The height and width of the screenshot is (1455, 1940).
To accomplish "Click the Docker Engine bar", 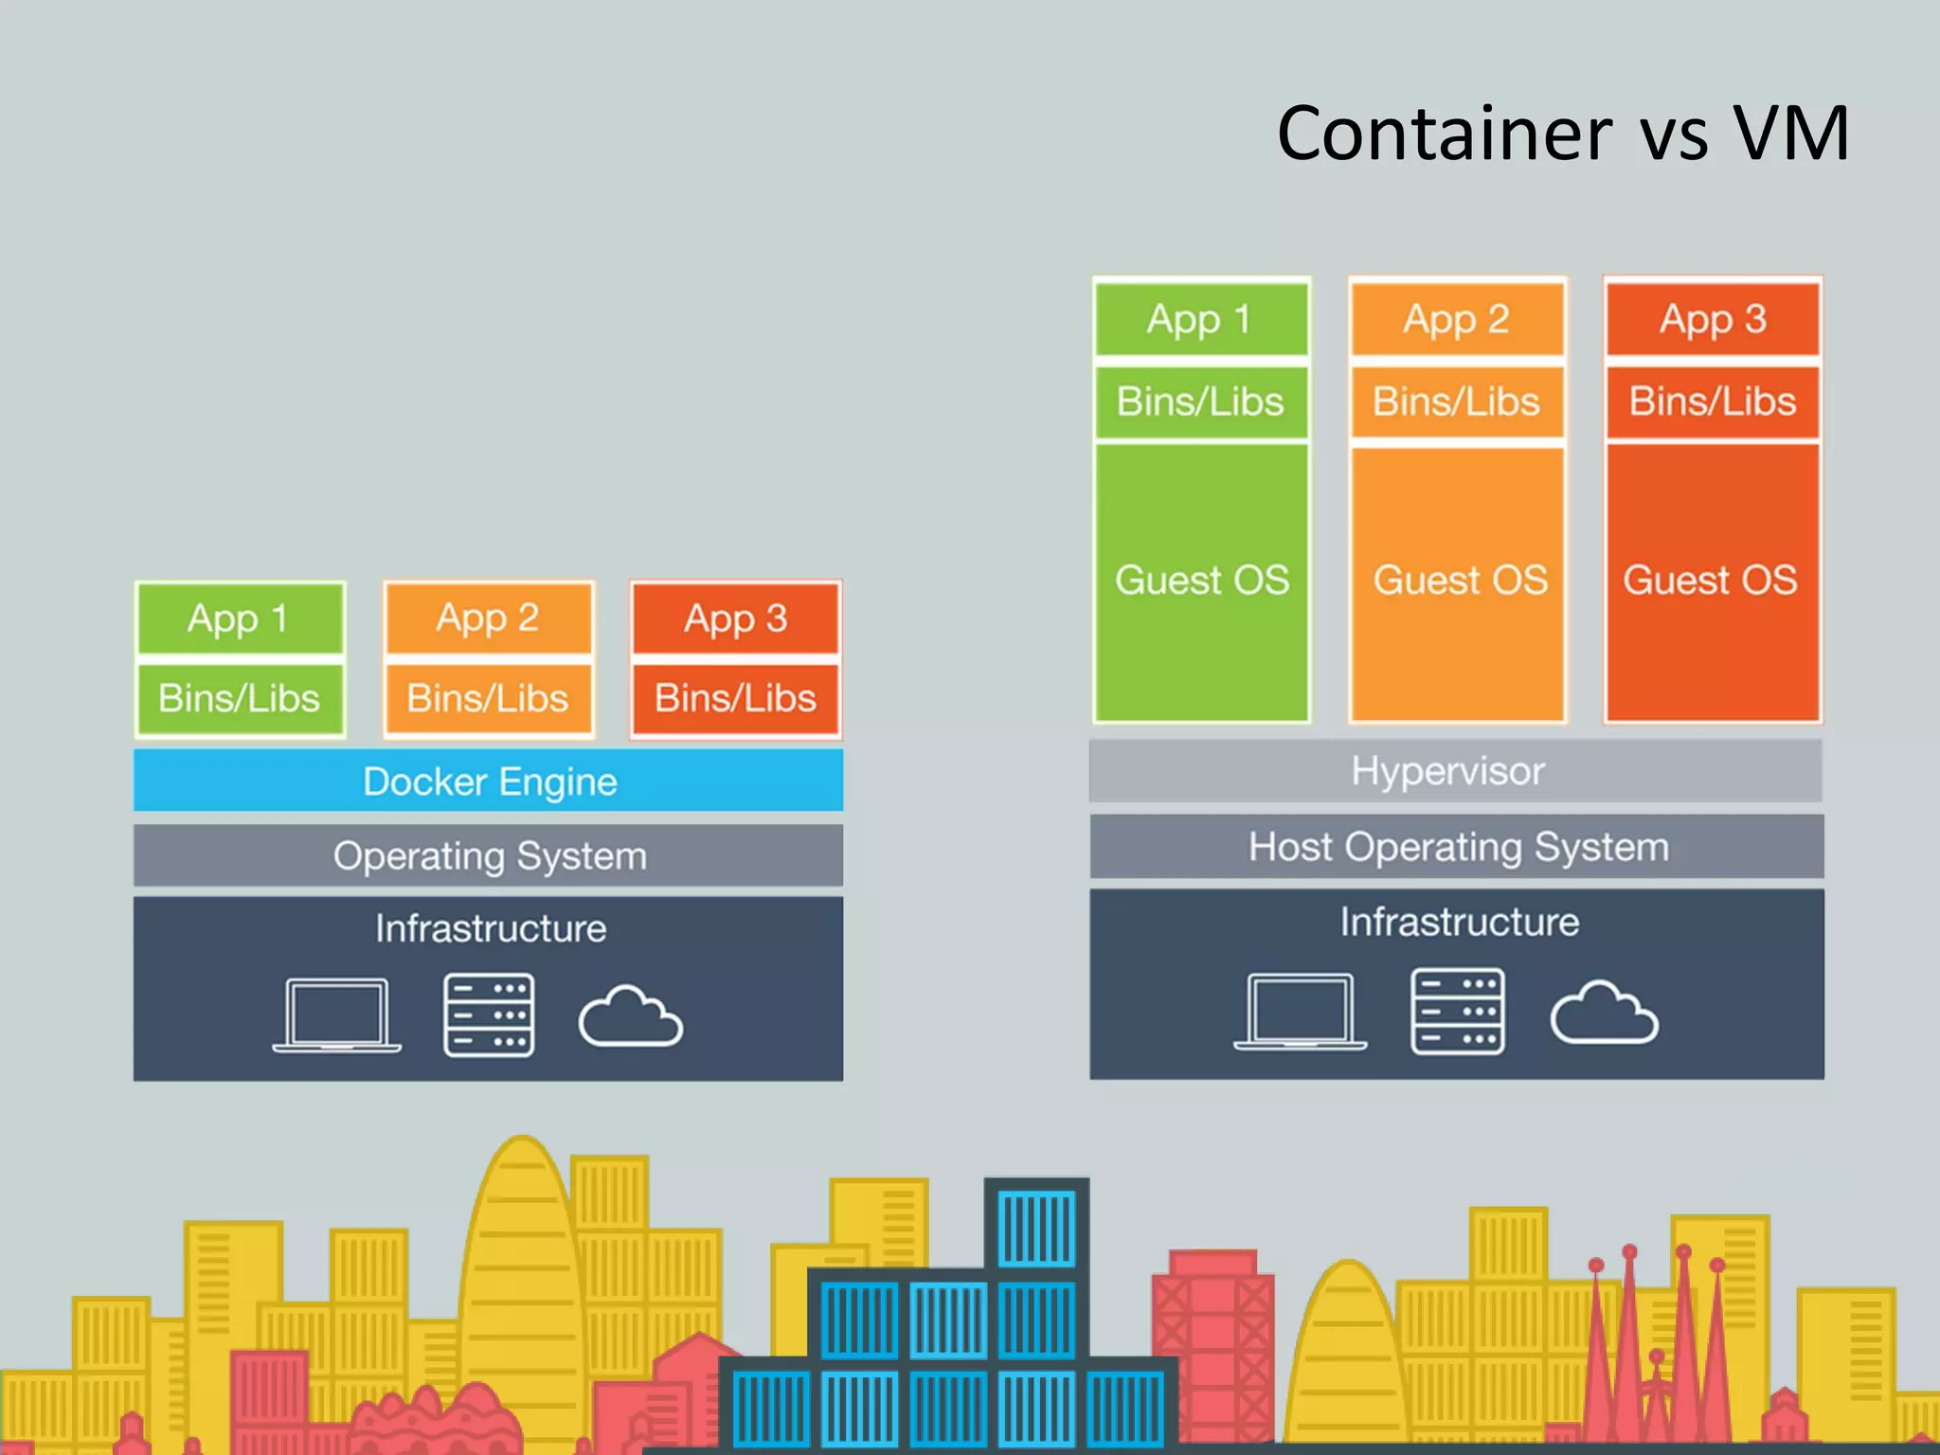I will [x=488, y=781].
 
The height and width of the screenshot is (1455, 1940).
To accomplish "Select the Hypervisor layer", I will [x=1455, y=771].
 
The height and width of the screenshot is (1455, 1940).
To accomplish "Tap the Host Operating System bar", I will [x=1457, y=847].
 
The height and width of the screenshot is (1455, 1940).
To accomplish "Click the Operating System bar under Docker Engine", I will [x=488, y=856].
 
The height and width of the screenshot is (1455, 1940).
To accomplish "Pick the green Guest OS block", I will [x=1201, y=580].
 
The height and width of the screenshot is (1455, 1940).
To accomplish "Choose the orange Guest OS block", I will [x=1459, y=580].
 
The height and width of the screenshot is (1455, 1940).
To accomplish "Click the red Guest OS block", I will [x=1711, y=580].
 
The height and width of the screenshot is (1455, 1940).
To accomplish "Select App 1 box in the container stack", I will [x=240, y=619].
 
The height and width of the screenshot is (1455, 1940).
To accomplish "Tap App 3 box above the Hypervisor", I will [x=1713, y=319].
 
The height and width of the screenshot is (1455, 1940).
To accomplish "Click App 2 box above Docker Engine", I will [x=488, y=619].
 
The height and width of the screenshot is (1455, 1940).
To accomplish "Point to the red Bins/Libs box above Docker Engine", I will [x=735, y=699].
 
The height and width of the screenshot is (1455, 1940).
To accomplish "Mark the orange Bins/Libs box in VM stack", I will [x=1457, y=402].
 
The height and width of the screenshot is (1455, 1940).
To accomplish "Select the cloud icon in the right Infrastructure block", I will [x=1604, y=1014].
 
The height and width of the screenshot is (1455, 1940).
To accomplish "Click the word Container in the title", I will [x=1444, y=134].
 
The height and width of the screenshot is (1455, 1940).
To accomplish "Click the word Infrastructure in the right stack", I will [x=1459, y=922].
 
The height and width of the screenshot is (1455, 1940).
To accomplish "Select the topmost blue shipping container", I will [x=1036, y=1226].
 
